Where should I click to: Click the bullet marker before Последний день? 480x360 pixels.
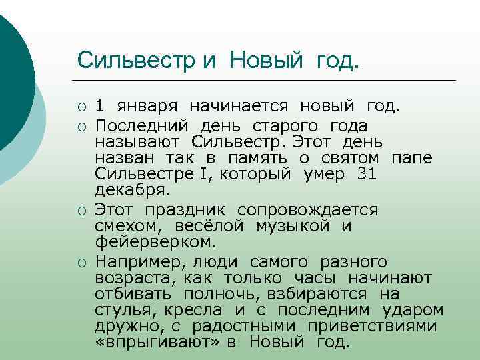pyautogui.click(x=82, y=125)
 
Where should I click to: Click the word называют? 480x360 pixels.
pyautogui.click(x=136, y=142)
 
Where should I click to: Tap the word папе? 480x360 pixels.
pyautogui.click(x=412, y=158)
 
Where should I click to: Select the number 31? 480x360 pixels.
pyautogui.click(x=367, y=175)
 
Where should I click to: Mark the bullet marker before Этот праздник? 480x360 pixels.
pyautogui.click(x=82, y=210)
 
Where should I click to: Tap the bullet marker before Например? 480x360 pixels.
pyautogui.click(x=82, y=261)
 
